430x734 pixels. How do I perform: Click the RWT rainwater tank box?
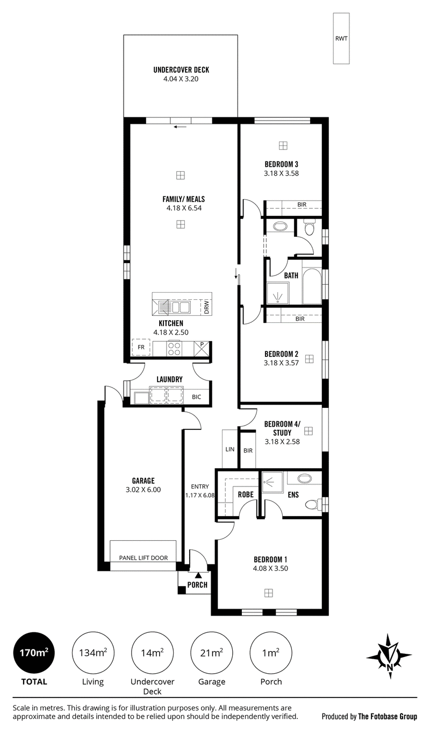pyautogui.click(x=341, y=38)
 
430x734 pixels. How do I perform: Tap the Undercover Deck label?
pyautogui.click(x=181, y=70)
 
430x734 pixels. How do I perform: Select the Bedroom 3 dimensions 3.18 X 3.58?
pyautogui.click(x=282, y=173)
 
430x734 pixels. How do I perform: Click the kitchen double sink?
pyautogui.click(x=180, y=307)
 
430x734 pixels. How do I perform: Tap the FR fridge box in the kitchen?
pyautogui.click(x=141, y=347)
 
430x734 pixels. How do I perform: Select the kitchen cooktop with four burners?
pyautogui.click(x=174, y=348)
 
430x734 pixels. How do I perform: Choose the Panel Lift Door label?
pyautogui.click(x=144, y=557)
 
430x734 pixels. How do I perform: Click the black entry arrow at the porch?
pyautogui.click(x=198, y=575)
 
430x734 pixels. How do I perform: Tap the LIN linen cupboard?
pyautogui.click(x=230, y=449)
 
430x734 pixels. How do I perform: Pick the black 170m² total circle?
pyautogui.click(x=34, y=653)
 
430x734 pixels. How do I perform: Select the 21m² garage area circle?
pyautogui.click(x=212, y=653)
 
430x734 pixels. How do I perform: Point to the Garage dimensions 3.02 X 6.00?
pyautogui.click(x=144, y=490)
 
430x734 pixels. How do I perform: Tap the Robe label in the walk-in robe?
pyautogui.click(x=246, y=495)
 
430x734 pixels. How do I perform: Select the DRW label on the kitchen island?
pyautogui.click(x=206, y=307)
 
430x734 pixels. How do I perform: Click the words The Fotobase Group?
pyautogui.click(x=388, y=716)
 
